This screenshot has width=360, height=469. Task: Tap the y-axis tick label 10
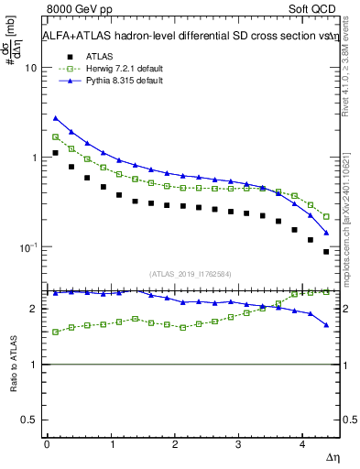coord(30,69)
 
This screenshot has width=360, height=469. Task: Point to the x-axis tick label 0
coord(47,444)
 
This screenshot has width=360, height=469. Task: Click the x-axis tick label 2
coord(175,444)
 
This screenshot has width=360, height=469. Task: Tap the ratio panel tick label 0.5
coord(28,420)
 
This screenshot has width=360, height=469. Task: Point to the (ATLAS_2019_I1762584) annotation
coord(191,273)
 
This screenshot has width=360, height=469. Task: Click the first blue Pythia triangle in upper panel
coord(56,118)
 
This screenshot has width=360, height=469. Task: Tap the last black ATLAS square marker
coord(326,252)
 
